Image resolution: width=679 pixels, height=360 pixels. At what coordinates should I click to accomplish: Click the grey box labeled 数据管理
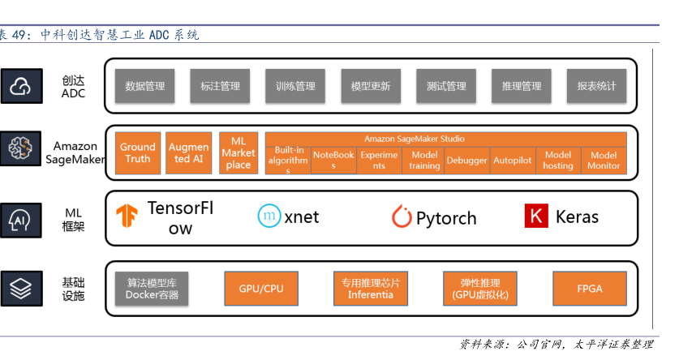[x=145, y=86]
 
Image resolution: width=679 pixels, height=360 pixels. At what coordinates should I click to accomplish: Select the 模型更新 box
[x=371, y=86]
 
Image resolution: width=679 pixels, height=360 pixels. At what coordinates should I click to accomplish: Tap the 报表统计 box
[x=596, y=86]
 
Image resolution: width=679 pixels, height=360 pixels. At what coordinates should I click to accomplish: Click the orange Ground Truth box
[x=138, y=153]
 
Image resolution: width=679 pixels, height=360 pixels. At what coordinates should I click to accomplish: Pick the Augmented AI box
[x=188, y=153]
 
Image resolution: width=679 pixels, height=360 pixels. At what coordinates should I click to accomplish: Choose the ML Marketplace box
[x=239, y=153]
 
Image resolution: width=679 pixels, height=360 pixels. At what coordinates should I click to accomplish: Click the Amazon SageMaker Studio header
[x=445, y=139]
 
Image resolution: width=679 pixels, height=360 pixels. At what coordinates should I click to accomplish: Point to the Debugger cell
[x=466, y=161]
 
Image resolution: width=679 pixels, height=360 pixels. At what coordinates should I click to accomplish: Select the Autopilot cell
[x=513, y=161]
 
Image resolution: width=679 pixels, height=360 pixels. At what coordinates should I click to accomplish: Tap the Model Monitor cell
[x=604, y=161]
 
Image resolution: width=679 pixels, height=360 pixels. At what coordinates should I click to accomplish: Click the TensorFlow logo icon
[x=127, y=216]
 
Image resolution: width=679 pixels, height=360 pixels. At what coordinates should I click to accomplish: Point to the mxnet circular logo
[x=269, y=216]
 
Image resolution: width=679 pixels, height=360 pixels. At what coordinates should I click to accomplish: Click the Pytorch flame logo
[x=402, y=217]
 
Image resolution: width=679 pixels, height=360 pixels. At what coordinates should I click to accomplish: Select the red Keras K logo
[x=535, y=216]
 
